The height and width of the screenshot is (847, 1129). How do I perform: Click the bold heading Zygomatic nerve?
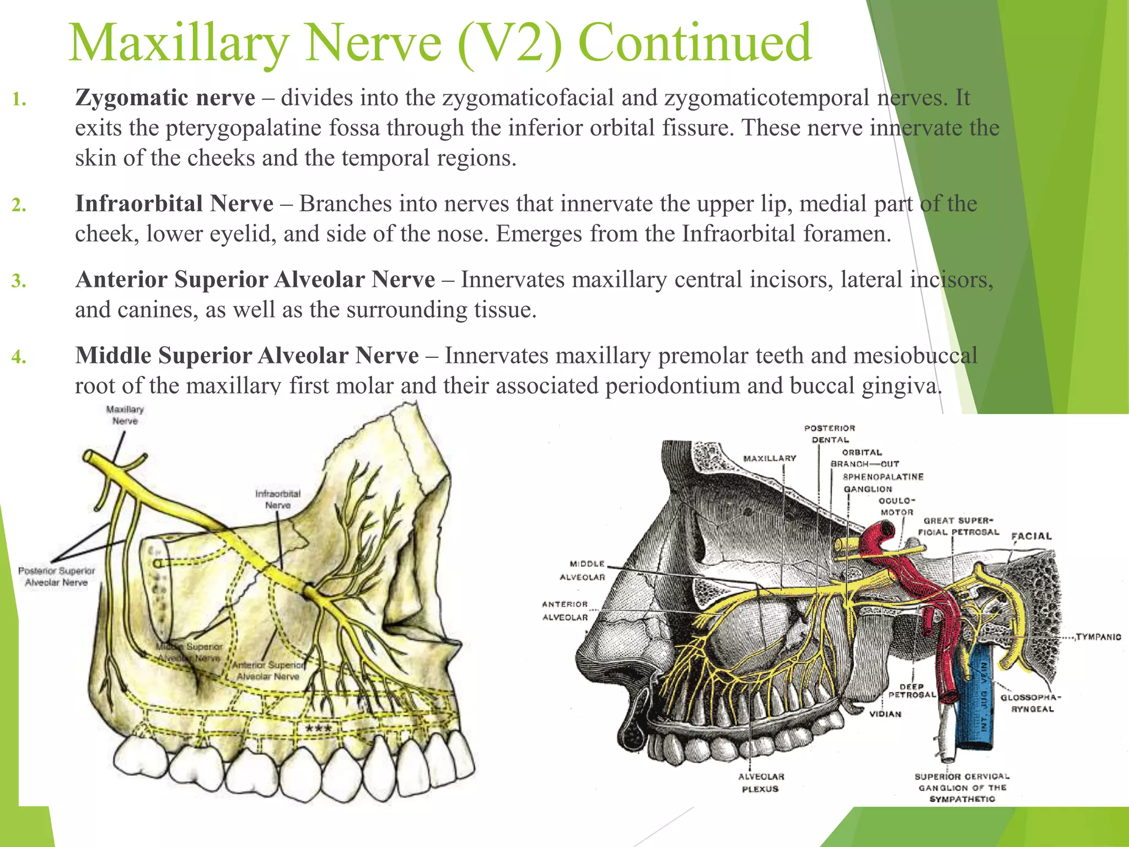pos(165,98)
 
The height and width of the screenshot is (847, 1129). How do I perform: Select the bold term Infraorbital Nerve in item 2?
pos(174,204)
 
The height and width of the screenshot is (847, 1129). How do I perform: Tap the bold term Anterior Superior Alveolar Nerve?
pos(255,280)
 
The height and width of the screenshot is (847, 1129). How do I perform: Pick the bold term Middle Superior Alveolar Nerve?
pos(247,356)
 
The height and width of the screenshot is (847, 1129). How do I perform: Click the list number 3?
pos(19,281)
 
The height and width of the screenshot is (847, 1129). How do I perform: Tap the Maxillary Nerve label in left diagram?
pos(125,415)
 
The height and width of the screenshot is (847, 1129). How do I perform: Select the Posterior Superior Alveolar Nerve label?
pos(56,577)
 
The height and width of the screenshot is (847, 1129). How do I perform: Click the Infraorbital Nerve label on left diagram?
pos(278,500)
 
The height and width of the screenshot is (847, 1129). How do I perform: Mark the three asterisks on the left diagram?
pos(319,729)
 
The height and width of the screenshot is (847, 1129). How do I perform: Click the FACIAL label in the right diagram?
pos(1031,536)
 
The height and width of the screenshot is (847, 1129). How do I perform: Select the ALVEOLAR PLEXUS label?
pos(761,782)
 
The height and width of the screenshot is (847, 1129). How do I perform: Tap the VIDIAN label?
pos(885,714)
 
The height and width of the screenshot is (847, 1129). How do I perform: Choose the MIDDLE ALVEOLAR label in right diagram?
pos(587,570)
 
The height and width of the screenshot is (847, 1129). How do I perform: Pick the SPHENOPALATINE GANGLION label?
pos(883,483)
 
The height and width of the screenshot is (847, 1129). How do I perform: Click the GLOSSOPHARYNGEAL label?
pos(1030,703)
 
